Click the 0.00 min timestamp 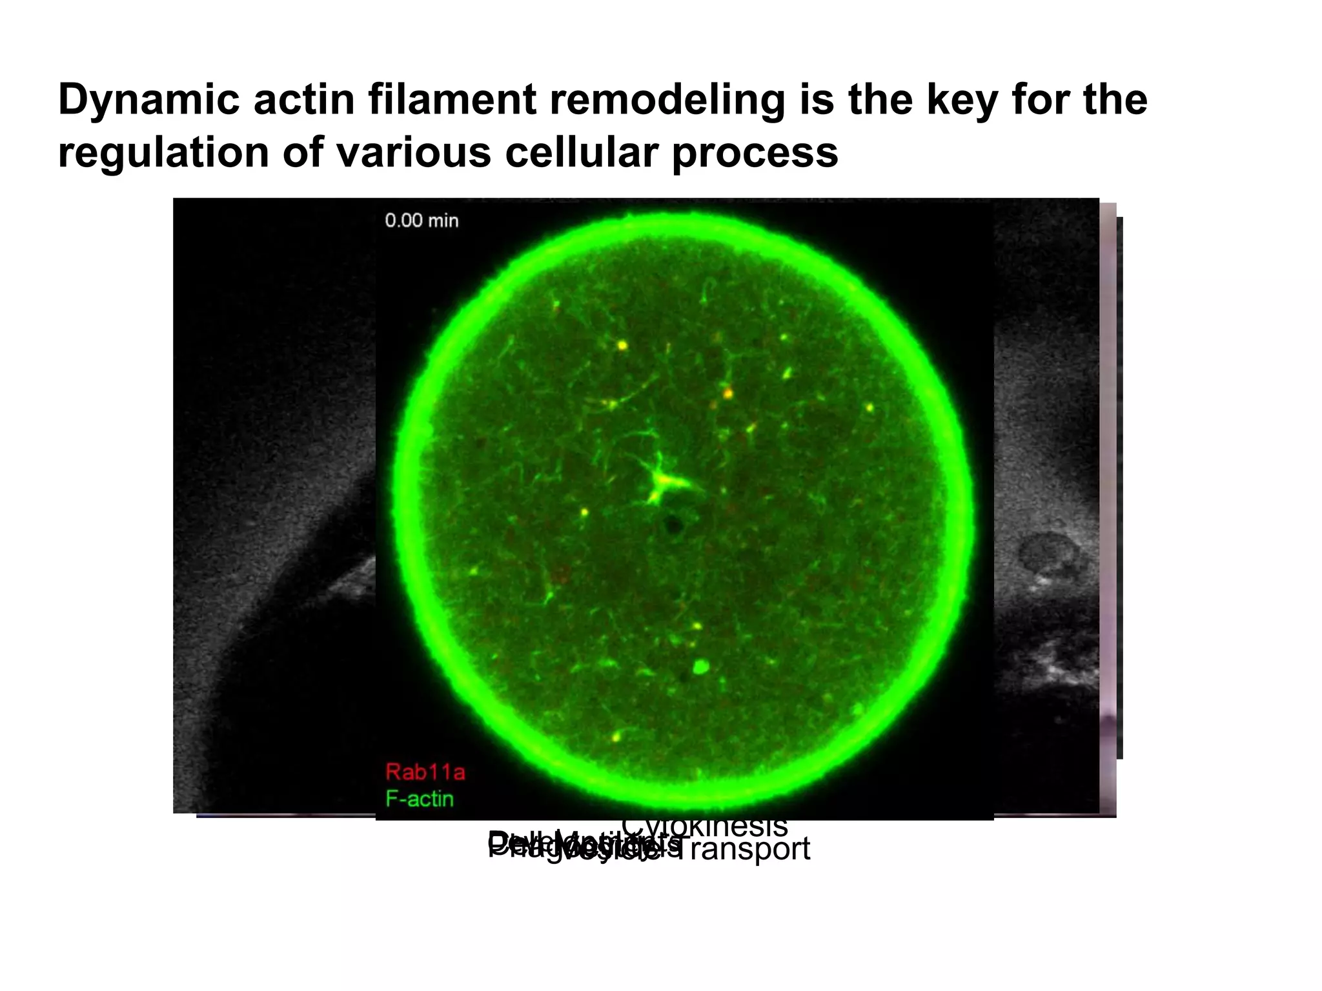422,221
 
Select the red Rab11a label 425,772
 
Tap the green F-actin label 420,799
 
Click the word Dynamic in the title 148,100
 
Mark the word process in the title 755,153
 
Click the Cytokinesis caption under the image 704,826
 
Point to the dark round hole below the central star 673,525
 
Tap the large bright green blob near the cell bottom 700,666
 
